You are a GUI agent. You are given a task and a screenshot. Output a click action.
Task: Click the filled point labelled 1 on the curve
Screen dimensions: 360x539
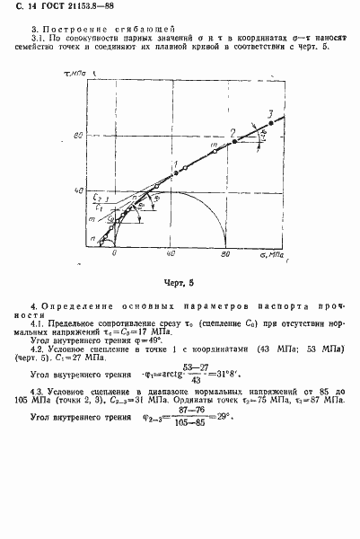[x=176, y=171]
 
